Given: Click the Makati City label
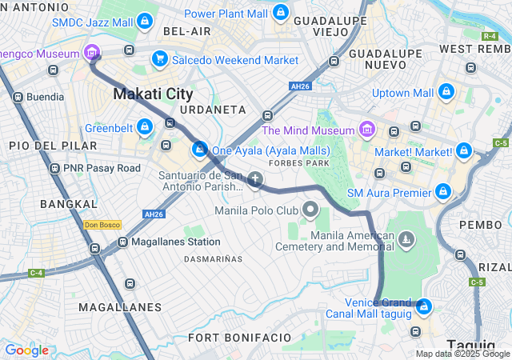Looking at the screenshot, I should (x=153, y=94).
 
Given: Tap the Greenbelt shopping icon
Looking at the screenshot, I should (x=145, y=126).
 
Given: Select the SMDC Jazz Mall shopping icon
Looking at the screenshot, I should (x=145, y=21).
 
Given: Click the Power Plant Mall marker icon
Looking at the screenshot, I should (x=280, y=13).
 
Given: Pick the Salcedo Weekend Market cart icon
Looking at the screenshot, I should (x=160, y=59).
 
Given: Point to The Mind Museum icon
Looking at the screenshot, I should (x=367, y=130).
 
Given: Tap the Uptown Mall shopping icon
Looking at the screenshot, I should (x=446, y=93).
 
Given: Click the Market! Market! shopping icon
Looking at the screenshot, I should (x=463, y=150).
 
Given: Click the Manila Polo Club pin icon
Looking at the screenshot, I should (x=310, y=210).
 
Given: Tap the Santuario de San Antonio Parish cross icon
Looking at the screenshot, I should (x=255, y=179).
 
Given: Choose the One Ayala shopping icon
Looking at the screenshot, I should (x=200, y=150).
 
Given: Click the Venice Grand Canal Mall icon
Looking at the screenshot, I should (x=424, y=306).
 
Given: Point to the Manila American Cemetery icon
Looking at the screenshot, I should (x=407, y=239).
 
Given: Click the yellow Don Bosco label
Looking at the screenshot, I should (x=102, y=225).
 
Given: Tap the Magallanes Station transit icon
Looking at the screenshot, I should (x=121, y=241).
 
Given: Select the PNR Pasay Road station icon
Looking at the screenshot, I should (x=54, y=169).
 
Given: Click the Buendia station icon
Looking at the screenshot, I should (x=18, y=97).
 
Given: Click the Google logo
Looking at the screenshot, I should (x=27, y=350).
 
